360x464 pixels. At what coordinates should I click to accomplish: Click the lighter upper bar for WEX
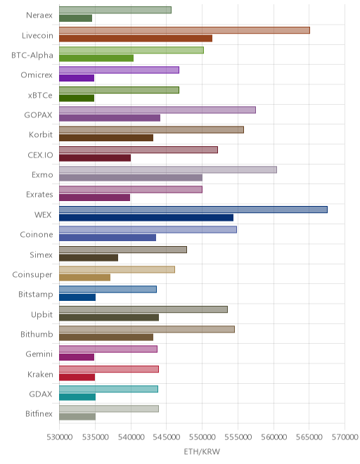(x=193, y=210)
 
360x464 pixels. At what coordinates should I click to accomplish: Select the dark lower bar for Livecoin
(x=136, y=38)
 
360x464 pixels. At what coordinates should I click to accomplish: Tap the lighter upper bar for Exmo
(x=168, y=169)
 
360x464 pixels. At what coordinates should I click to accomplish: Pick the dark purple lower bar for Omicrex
(x=77, y=78)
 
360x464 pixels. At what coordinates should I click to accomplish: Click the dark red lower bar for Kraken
(x=77, y=378)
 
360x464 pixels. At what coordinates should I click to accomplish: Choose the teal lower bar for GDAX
(x=77, y=397)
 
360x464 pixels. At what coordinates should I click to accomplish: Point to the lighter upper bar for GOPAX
(x=157, y=110)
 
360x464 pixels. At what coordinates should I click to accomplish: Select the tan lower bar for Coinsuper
(x=84, y=278)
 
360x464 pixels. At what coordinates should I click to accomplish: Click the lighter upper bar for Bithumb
(x=147, y=329)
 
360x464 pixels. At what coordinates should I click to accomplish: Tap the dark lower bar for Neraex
(x=75, y=18)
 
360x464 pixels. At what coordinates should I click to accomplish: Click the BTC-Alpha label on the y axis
(x=32, y=56)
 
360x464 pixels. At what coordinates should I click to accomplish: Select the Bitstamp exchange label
(x=36, y=294)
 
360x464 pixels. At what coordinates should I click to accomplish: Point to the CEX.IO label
(x=40, y=155)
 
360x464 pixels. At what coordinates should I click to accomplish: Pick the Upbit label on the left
(x=41, y=314)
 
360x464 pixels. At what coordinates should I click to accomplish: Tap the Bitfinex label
(x=39, y=413)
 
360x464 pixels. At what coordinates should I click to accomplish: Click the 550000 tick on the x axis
(x=202, y=437)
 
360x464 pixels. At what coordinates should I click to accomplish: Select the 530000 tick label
(x=59, y=437)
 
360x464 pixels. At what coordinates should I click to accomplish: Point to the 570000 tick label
(x=345, y=437)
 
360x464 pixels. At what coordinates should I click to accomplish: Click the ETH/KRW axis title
(x=202, y=452)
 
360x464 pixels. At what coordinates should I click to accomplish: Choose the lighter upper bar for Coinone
(x=148, y=230)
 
